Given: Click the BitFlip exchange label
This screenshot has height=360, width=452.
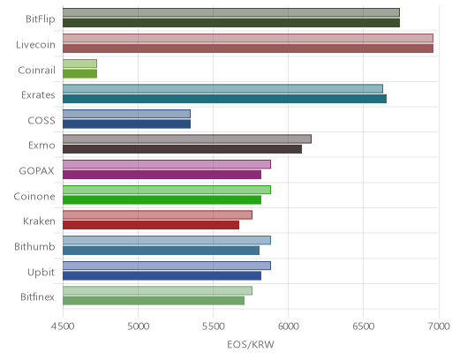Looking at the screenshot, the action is coord(41,19).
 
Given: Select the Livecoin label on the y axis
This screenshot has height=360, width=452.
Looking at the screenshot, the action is coord(35,44).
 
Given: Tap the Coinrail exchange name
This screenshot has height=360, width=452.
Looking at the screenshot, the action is coord(36,70).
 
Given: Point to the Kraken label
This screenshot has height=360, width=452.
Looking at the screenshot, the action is coord(39,221).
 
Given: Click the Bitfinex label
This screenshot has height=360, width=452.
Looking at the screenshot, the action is coord(37,296).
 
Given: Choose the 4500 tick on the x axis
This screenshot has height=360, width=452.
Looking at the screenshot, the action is coord(63,326).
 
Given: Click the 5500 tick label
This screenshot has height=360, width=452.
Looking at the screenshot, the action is coord(213,326).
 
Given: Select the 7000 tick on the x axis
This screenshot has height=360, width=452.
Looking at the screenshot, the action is coord(439,326).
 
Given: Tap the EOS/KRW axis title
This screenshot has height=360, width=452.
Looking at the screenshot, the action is coord(251,344).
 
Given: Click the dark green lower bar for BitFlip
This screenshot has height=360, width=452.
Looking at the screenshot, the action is coord(231,23).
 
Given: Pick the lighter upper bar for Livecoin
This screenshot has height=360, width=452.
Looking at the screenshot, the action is coord(248,38).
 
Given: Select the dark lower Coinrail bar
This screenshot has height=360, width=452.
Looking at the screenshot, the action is coord(79,73).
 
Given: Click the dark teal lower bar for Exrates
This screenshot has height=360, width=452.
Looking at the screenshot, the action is coord(224,99).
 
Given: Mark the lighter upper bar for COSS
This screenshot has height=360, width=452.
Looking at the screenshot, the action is coord(126,114).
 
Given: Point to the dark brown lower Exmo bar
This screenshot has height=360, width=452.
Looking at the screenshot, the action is coord(182,149).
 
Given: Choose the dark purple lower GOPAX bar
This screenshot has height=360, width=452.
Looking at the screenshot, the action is coord(162,175).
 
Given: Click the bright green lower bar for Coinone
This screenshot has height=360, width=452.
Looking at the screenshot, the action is coord(162,199).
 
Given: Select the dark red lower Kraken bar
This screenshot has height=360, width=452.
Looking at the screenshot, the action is coord(151,225).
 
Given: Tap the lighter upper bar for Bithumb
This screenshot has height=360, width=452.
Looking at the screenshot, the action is coord(167,240).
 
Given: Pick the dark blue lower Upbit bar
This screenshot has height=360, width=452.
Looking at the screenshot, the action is coord(162,275).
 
